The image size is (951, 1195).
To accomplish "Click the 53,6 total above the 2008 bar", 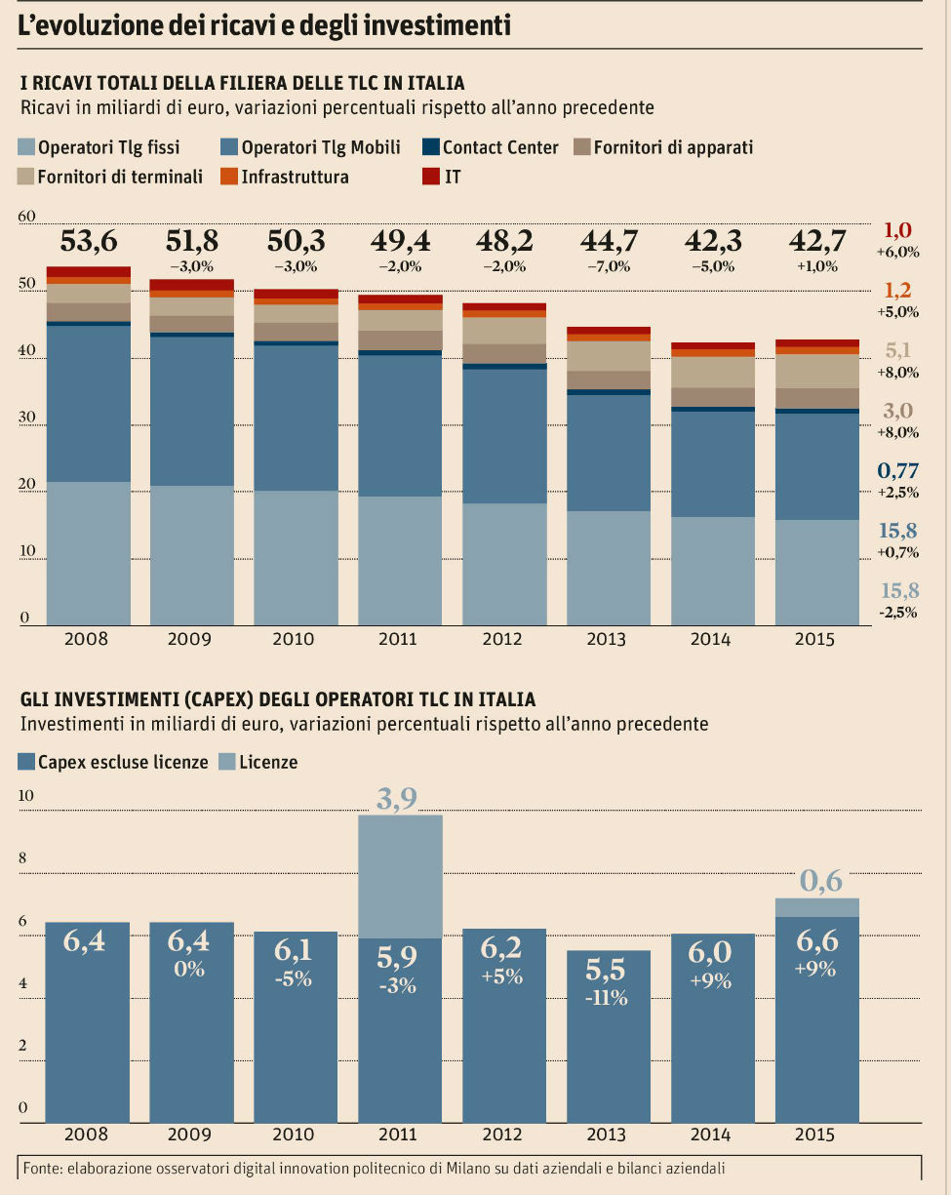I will pyautogui.click(x=88, y=240).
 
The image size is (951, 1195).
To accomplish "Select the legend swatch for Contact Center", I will pyautogui.click(x=430, y=148).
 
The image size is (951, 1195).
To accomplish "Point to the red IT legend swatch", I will pyautogui.click(x=430, y=177).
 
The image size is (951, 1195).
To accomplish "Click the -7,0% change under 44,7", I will pyautogui.click(x=607, y=266).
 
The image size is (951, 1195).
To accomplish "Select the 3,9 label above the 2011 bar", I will pyautogui.click(x=398, y=799).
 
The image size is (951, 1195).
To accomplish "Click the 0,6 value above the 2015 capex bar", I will pyautogui.click(x=820, y=882).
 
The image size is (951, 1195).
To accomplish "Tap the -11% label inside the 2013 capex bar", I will pyautogui.click(x=607, y=998).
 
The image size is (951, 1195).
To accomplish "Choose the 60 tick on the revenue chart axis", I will pyautogui.click(x=26, y=217).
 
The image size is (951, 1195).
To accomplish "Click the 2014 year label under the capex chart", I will pyautogui.click(x=710, y=1135).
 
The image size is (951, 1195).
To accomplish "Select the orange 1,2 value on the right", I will pyautogui.click(x=897, y=291).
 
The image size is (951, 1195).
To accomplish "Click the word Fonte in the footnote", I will pyautogui.click(x=41, y=1168).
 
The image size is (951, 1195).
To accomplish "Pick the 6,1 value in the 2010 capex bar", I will pyautogui.click(x=295, y=950).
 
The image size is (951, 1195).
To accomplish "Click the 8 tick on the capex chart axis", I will pyautogui.click(x=25, y=858).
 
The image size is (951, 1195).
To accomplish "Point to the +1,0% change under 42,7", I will pyautogui.click(x=817, y=266).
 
